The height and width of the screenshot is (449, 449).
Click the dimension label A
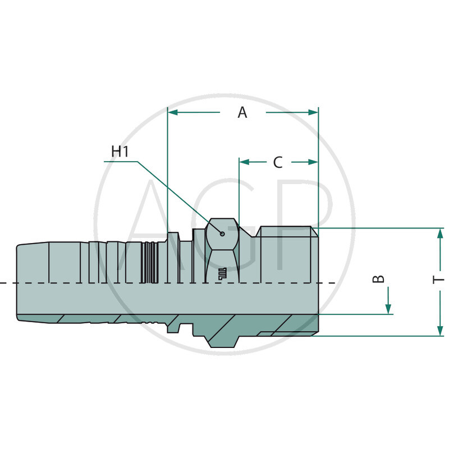point(242,113)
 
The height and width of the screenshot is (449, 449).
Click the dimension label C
point(278,162)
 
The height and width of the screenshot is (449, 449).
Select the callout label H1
point(120,152)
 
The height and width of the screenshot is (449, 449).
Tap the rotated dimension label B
point(380,278)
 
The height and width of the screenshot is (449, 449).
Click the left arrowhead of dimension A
point(173,113)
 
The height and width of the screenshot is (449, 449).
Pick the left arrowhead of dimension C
point(244,162)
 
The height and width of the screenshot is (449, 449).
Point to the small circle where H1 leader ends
point(223,234)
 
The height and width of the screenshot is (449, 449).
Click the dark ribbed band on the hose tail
point(149,262)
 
